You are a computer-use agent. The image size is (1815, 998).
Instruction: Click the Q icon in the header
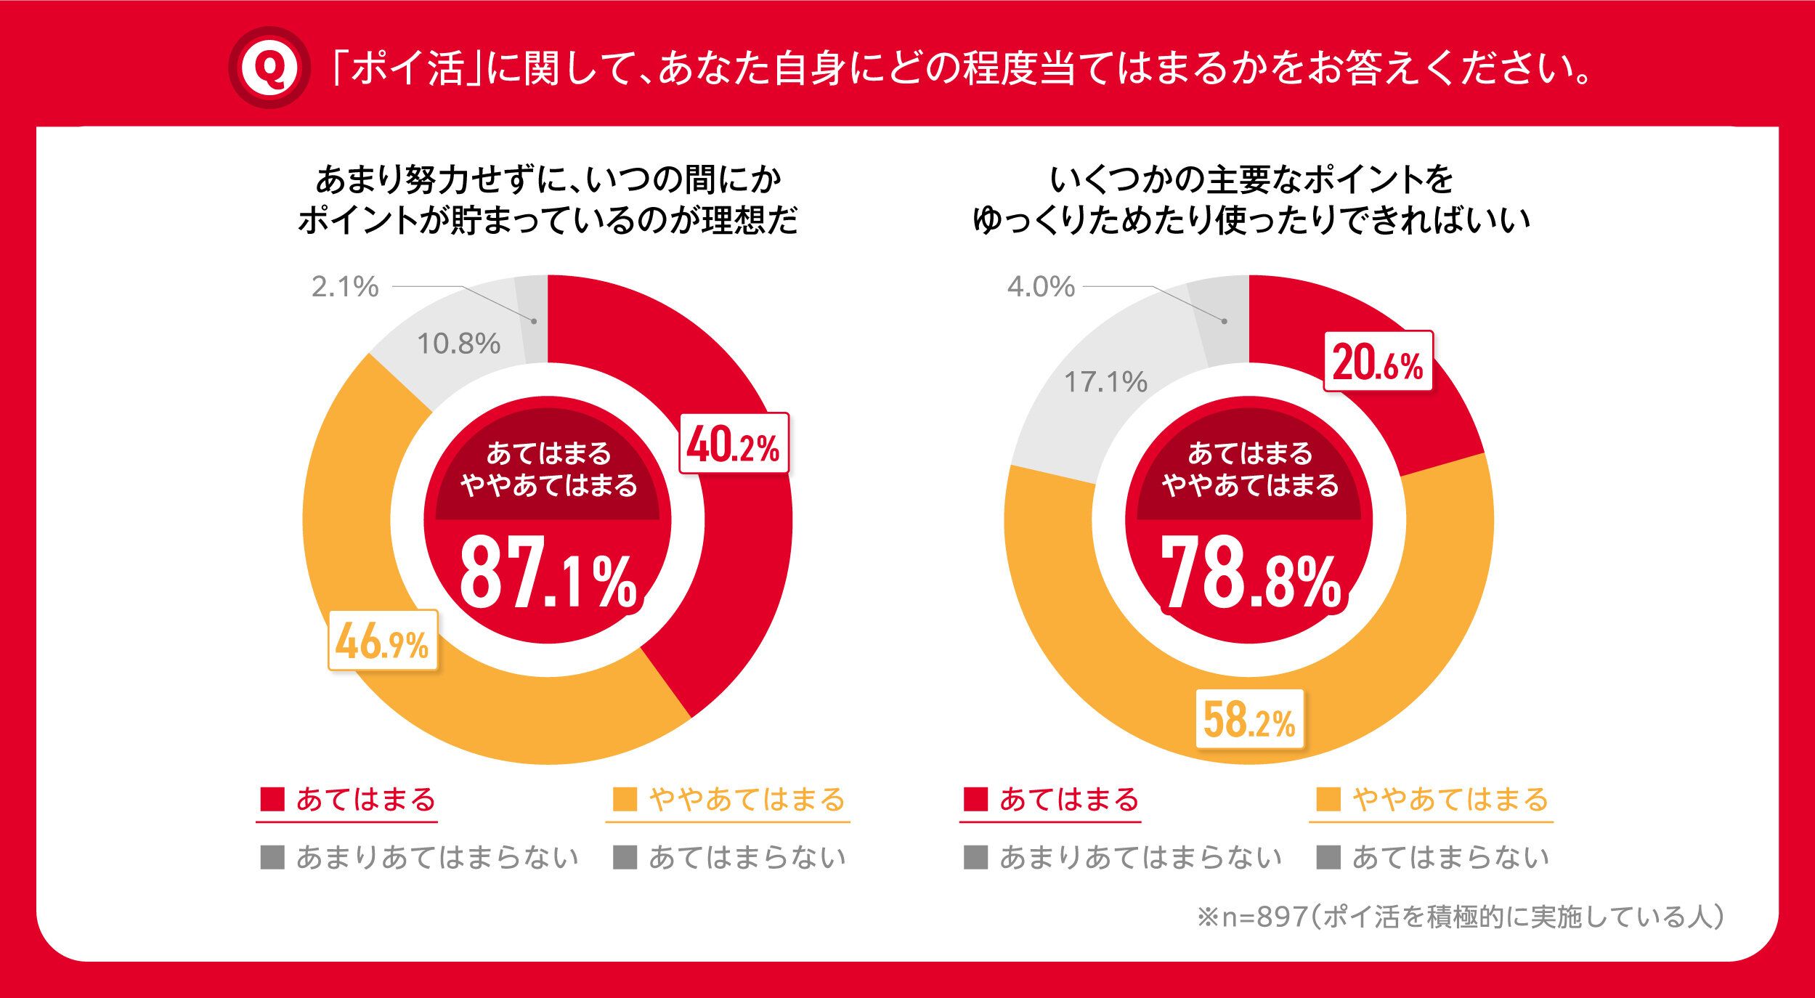pyautogui.click(x=269, y=68)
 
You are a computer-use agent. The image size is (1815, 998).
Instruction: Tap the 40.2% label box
pyautogui.click(x=734, y=444)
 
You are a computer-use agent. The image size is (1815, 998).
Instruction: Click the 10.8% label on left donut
pyautogui.click(x=458, y=344)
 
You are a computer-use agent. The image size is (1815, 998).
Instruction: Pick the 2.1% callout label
pyautogui.click(x=345, y=287)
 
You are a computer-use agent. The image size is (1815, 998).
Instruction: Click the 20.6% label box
pyautogui.click(x=1378, y=362)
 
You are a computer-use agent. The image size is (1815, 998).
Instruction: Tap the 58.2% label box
pyautogui.click(x=1249, y=720)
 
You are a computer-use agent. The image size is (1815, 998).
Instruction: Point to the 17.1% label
pyautogui.click(x=1105, y=382)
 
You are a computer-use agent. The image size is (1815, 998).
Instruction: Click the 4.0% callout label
pyautogui.click(x=1041, y=287)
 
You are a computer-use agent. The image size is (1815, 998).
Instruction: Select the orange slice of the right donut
pyautogui.click(x=1089, y=654)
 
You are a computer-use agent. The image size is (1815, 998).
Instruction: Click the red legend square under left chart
pyautogui.click(x=272, y=800)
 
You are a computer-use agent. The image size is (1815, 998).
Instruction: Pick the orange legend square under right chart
pyautogui.click(x=1328, y=800)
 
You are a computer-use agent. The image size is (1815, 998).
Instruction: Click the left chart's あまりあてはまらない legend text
pyautogui.click(x=437, y=858)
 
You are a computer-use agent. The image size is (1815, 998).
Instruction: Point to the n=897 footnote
pyautogui.click(x=1460, y=917)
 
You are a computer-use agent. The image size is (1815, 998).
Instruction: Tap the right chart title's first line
pyautogui.click(x=1251, y=179)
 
